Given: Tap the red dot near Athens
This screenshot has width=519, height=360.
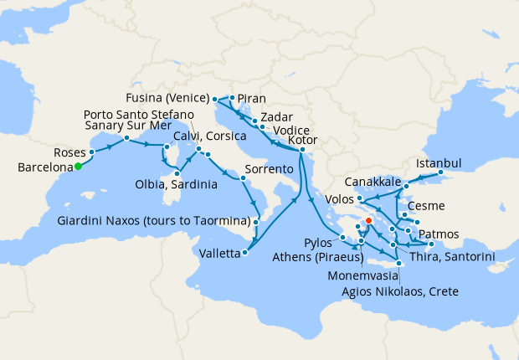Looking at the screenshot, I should tap(369, 222).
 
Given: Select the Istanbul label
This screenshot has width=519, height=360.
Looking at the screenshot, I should tap(439, 163).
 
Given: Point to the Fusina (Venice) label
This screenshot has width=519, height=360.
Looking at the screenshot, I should tap(171, 97).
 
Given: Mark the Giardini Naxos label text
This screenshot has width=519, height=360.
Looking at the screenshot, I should tap(154, 221).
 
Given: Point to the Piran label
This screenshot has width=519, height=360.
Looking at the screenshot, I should tap(251, 97).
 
